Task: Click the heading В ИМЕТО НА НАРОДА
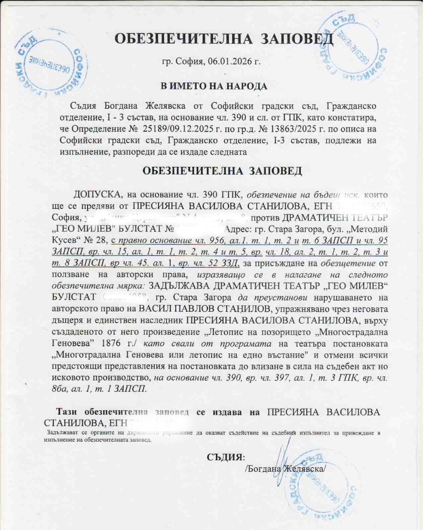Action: (214, 86)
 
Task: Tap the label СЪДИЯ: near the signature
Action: (226, 457)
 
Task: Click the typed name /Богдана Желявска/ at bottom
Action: (285, 468)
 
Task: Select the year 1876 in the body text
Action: (111, 343)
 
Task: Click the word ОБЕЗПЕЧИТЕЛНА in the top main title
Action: (183, 39)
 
